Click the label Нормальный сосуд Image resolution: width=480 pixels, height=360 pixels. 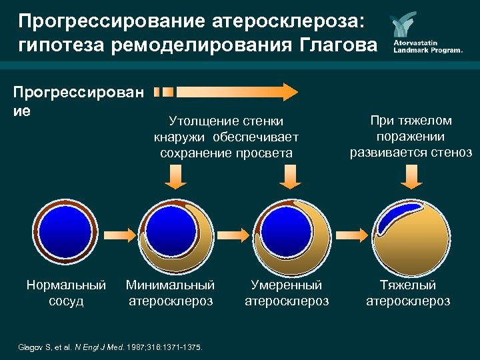pos(66,293)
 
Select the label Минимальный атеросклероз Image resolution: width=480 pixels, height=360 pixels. pos(170,293)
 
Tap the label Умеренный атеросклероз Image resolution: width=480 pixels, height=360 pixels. pos(286,293)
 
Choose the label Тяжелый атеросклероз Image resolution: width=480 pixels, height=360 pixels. pos(408,293)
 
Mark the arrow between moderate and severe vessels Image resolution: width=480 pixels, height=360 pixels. pos(351,234)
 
